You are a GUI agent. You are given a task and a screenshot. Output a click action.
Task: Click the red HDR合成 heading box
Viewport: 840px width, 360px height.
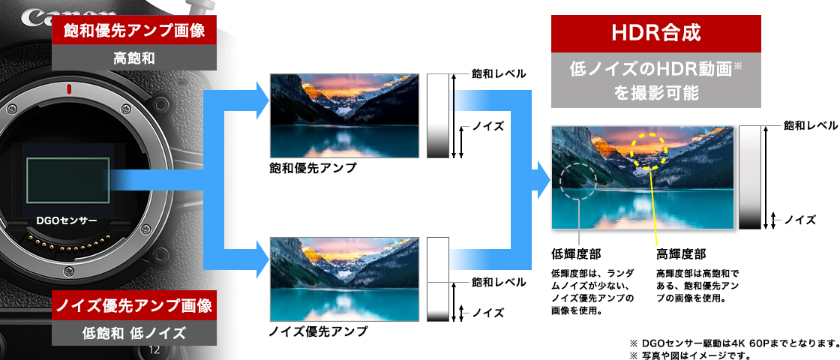(x=656, y=34)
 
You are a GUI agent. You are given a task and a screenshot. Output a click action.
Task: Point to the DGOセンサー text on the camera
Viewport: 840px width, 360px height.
(x=67, y=221)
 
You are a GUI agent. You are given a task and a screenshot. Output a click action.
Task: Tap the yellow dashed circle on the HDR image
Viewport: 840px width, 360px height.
(x=648, y=151)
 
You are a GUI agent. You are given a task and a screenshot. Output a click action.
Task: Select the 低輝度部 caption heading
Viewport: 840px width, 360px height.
(x=576, y=254)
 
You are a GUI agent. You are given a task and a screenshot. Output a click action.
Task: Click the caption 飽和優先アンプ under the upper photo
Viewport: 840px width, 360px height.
(x=313, y=169)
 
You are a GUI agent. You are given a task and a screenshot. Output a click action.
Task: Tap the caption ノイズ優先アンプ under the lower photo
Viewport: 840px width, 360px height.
(x=318, y=331)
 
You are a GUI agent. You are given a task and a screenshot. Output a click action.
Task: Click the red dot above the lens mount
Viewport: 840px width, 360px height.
(x=68, y=89)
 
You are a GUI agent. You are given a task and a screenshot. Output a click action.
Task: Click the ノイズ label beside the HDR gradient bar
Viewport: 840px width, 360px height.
(x=800, y=220)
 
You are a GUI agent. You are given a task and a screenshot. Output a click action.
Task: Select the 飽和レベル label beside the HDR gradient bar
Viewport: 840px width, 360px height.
(x=811, y=125)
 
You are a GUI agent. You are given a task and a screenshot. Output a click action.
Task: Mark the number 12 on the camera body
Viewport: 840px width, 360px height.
(x=155, y=350)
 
